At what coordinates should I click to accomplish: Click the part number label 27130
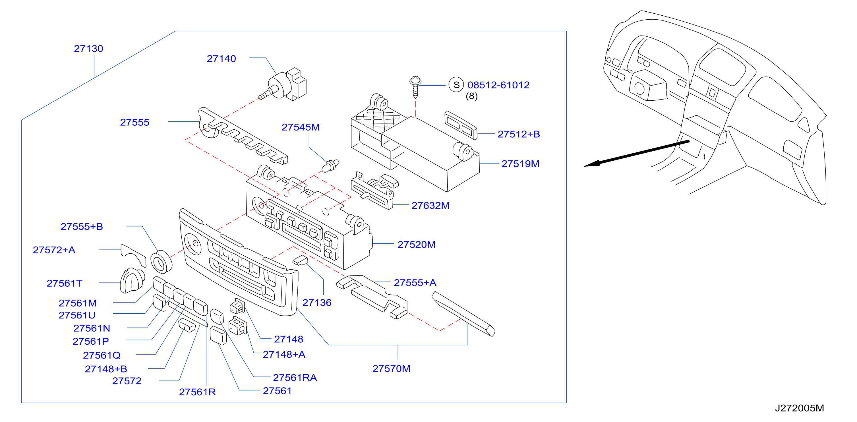pyautogui.click(x=88, y=49)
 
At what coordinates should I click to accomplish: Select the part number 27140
pyautogui.click(x=221, y=59)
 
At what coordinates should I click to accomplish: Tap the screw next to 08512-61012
pyautogui.click(x=415, y=87)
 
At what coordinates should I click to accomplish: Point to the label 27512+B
pyautogui.click(x=519, y=134)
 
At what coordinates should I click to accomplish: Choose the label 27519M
pyautogui.click(x=520, y=164)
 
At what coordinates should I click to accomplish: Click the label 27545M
pyautogui.click(x=301, y=127)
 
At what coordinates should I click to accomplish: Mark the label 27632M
pyautogui.click(x=430, y=205)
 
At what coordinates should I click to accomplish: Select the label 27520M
pyautogui.click(x=417, y=244)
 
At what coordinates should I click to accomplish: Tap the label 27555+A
pyautogui.click(x=415, y=283)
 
